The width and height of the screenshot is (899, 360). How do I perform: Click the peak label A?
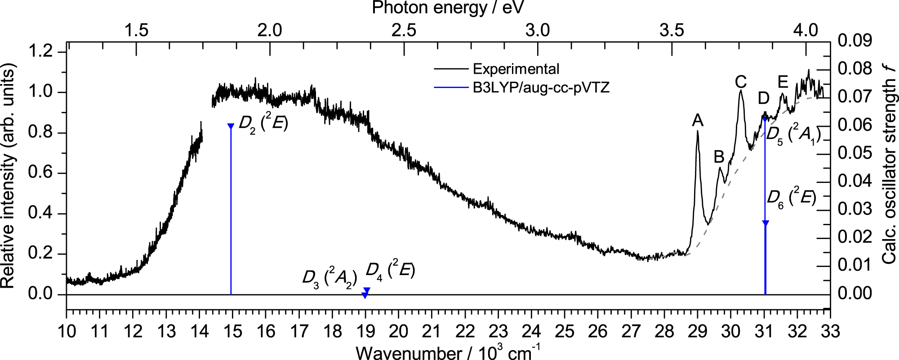click(x=698, y=120)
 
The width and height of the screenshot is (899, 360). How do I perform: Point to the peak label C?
click(x=741, y=82)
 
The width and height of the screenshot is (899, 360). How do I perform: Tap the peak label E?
click(x=783, y=82)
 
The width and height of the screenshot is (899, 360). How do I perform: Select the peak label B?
click(x=719, y=157)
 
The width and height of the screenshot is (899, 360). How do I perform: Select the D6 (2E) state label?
click(x=791, y=198)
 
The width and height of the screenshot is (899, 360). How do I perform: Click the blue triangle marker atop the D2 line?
click(x=231, y=126)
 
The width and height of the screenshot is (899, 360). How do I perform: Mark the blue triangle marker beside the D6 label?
click(x=765, y=223)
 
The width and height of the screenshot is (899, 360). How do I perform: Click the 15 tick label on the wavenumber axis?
click(x=232, y=332)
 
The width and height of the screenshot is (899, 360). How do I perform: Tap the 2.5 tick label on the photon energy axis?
click(x=404, y=30)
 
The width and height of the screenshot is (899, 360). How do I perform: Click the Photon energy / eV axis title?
click(x=448, y=8)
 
